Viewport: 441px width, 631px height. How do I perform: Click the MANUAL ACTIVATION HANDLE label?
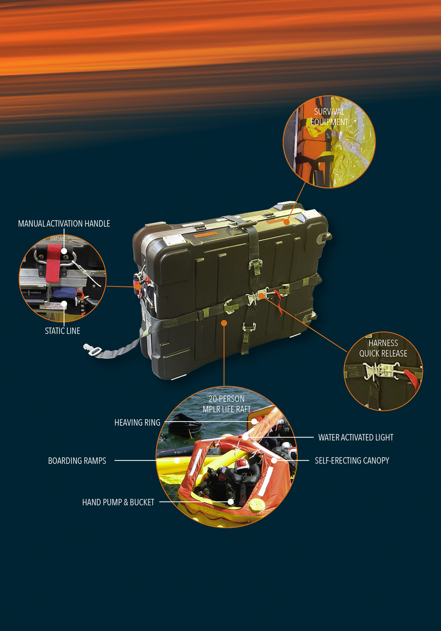(64, 224)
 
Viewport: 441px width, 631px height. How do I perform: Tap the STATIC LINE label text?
(62, 331)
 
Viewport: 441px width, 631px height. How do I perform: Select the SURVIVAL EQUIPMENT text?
(329, 117)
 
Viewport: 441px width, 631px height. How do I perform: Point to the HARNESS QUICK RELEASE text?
(383, 348)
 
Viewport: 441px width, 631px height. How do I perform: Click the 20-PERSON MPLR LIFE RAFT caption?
(227, 404)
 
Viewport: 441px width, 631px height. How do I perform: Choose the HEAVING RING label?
(137, 422)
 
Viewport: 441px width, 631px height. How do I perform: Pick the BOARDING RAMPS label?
(77, 460)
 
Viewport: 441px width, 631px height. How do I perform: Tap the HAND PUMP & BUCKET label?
(118, 502)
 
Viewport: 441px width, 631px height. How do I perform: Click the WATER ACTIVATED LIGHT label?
(356, 438)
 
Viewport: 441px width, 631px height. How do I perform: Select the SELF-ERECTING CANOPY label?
(352, 460)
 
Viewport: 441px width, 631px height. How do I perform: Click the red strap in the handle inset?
(53, 264)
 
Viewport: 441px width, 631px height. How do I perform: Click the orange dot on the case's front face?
(224, 323)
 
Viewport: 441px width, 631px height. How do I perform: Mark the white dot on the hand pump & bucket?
(231, 502)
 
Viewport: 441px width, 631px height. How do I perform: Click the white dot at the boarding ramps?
(177, 460)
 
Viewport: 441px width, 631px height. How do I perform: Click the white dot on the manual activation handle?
(64, 251)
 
